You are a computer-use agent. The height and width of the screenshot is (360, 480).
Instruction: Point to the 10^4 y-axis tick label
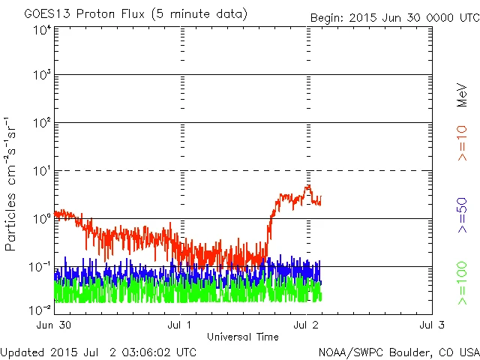(x=42, y=31)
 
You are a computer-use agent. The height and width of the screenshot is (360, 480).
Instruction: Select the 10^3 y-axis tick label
(x=42, y=74)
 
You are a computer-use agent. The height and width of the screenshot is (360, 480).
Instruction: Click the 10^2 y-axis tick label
(x=42, y=122)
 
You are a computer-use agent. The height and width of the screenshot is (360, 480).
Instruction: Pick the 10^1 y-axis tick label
(x=42, y=170)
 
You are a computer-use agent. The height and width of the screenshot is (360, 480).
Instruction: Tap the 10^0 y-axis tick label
(x=42, y=218)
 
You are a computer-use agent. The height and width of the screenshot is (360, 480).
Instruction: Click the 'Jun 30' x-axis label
(x=53, y=325)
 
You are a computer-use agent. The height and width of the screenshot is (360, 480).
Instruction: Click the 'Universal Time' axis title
(x=243, y=337)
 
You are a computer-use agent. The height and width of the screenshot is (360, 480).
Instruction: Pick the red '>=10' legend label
(x=463, y=142)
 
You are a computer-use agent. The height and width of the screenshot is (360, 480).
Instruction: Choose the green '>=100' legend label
(x=463, y=285)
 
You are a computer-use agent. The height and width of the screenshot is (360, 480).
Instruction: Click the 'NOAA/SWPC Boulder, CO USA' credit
(x=398, y=352)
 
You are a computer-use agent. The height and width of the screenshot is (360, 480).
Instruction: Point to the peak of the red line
(x=307, y=186)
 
